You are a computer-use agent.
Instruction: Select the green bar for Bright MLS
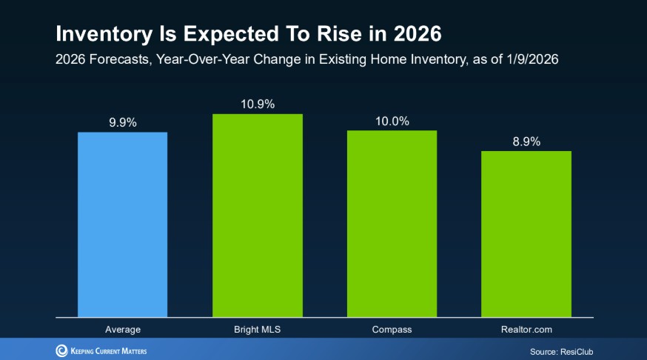pyautogui.click(x=257, y=216)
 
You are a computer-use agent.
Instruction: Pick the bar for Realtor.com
pyautogui.click(x=526, y=234)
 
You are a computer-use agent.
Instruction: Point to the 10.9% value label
pyautogui.click(x=257, y=104)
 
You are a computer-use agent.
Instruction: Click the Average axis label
pyautogui.click(x=122, y=328)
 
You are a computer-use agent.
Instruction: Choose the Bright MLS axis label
pyautogui.click(x=257, y=328)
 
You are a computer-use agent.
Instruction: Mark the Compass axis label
pyautogui.click(x=392, y=328)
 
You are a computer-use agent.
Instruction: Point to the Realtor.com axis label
pyautogui.click(x=526, y=328)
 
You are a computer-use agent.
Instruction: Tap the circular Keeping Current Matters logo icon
pyautogui.click(x=61, y=350)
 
